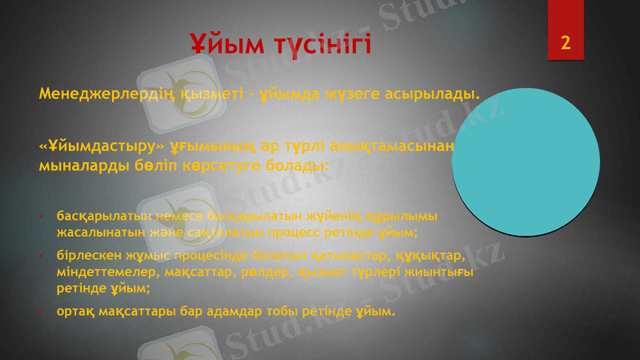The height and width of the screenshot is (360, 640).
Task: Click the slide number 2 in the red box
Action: tap(566, 42)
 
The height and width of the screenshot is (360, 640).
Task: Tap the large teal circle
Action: tap(526, 162)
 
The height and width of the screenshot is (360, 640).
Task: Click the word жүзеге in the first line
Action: tap(355, 97)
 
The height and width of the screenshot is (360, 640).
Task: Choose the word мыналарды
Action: tap(76, 168)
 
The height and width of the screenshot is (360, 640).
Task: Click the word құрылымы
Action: tap(413, 216)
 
